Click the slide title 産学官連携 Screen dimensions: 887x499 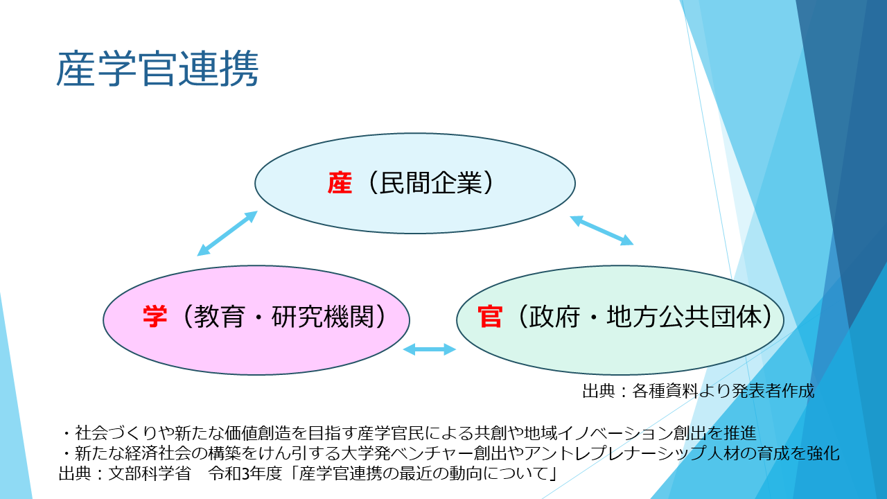click(x=157, y=69)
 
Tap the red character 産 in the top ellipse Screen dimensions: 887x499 click(x=340, y=183)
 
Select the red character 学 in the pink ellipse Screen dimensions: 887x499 click(x=155, y=317)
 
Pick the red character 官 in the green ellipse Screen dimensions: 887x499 click(x=490, y=317)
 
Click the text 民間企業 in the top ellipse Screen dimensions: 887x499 click(x=431, y=183)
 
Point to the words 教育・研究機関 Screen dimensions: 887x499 click(x=284, y=317)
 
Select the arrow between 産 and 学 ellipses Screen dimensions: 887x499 click(x=227, y=234)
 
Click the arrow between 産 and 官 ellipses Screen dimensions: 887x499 click(x=601, y=231)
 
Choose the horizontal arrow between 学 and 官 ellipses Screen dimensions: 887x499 click(x=430, y=349)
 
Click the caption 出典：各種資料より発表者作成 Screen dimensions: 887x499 click(x=699, y=391)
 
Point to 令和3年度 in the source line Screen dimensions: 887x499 click(x=245, y=473)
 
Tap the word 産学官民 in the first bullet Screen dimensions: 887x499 click(x=390, y=433)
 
